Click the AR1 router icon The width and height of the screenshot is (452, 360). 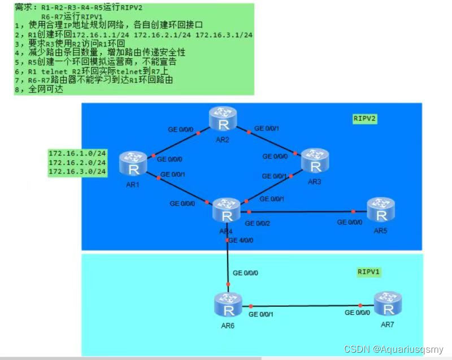point(133,163)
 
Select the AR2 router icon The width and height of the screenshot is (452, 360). point(222,118)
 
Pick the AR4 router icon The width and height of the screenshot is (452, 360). point(227,211)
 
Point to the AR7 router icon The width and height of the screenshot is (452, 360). point(388,303)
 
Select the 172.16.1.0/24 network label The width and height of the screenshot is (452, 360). point(77,153)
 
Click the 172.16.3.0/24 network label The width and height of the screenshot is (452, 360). point(77,171)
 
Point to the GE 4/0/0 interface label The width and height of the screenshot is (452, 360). point(243,240)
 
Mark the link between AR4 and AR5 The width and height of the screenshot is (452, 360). point(305,212)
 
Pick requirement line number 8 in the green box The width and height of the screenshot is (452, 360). point(39,89)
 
